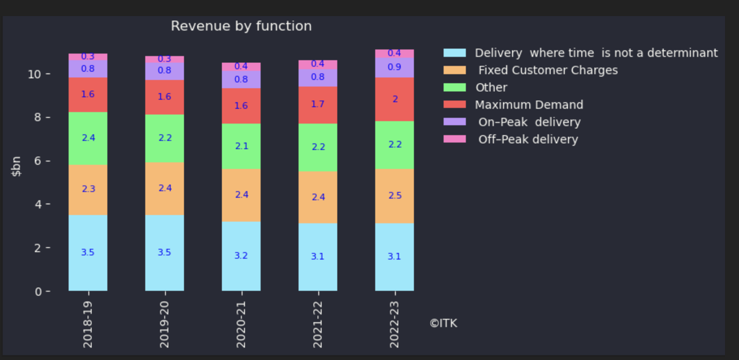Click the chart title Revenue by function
click(241, 26)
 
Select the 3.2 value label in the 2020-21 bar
click(241, 256)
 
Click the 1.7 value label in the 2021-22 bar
click(318, 104)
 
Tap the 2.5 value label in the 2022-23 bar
click(394, 196)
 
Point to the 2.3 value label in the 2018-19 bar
click(88, 189)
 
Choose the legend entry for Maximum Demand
click(529, 105)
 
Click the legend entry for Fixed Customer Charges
click(548, 70)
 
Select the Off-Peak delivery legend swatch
click(455, 139)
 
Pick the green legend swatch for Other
click(455, 87)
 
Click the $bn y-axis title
click(17, 167)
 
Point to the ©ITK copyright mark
click(443, 323)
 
